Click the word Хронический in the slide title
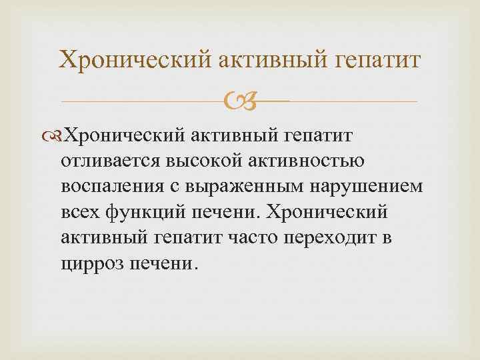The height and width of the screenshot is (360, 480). pos(134,59)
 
